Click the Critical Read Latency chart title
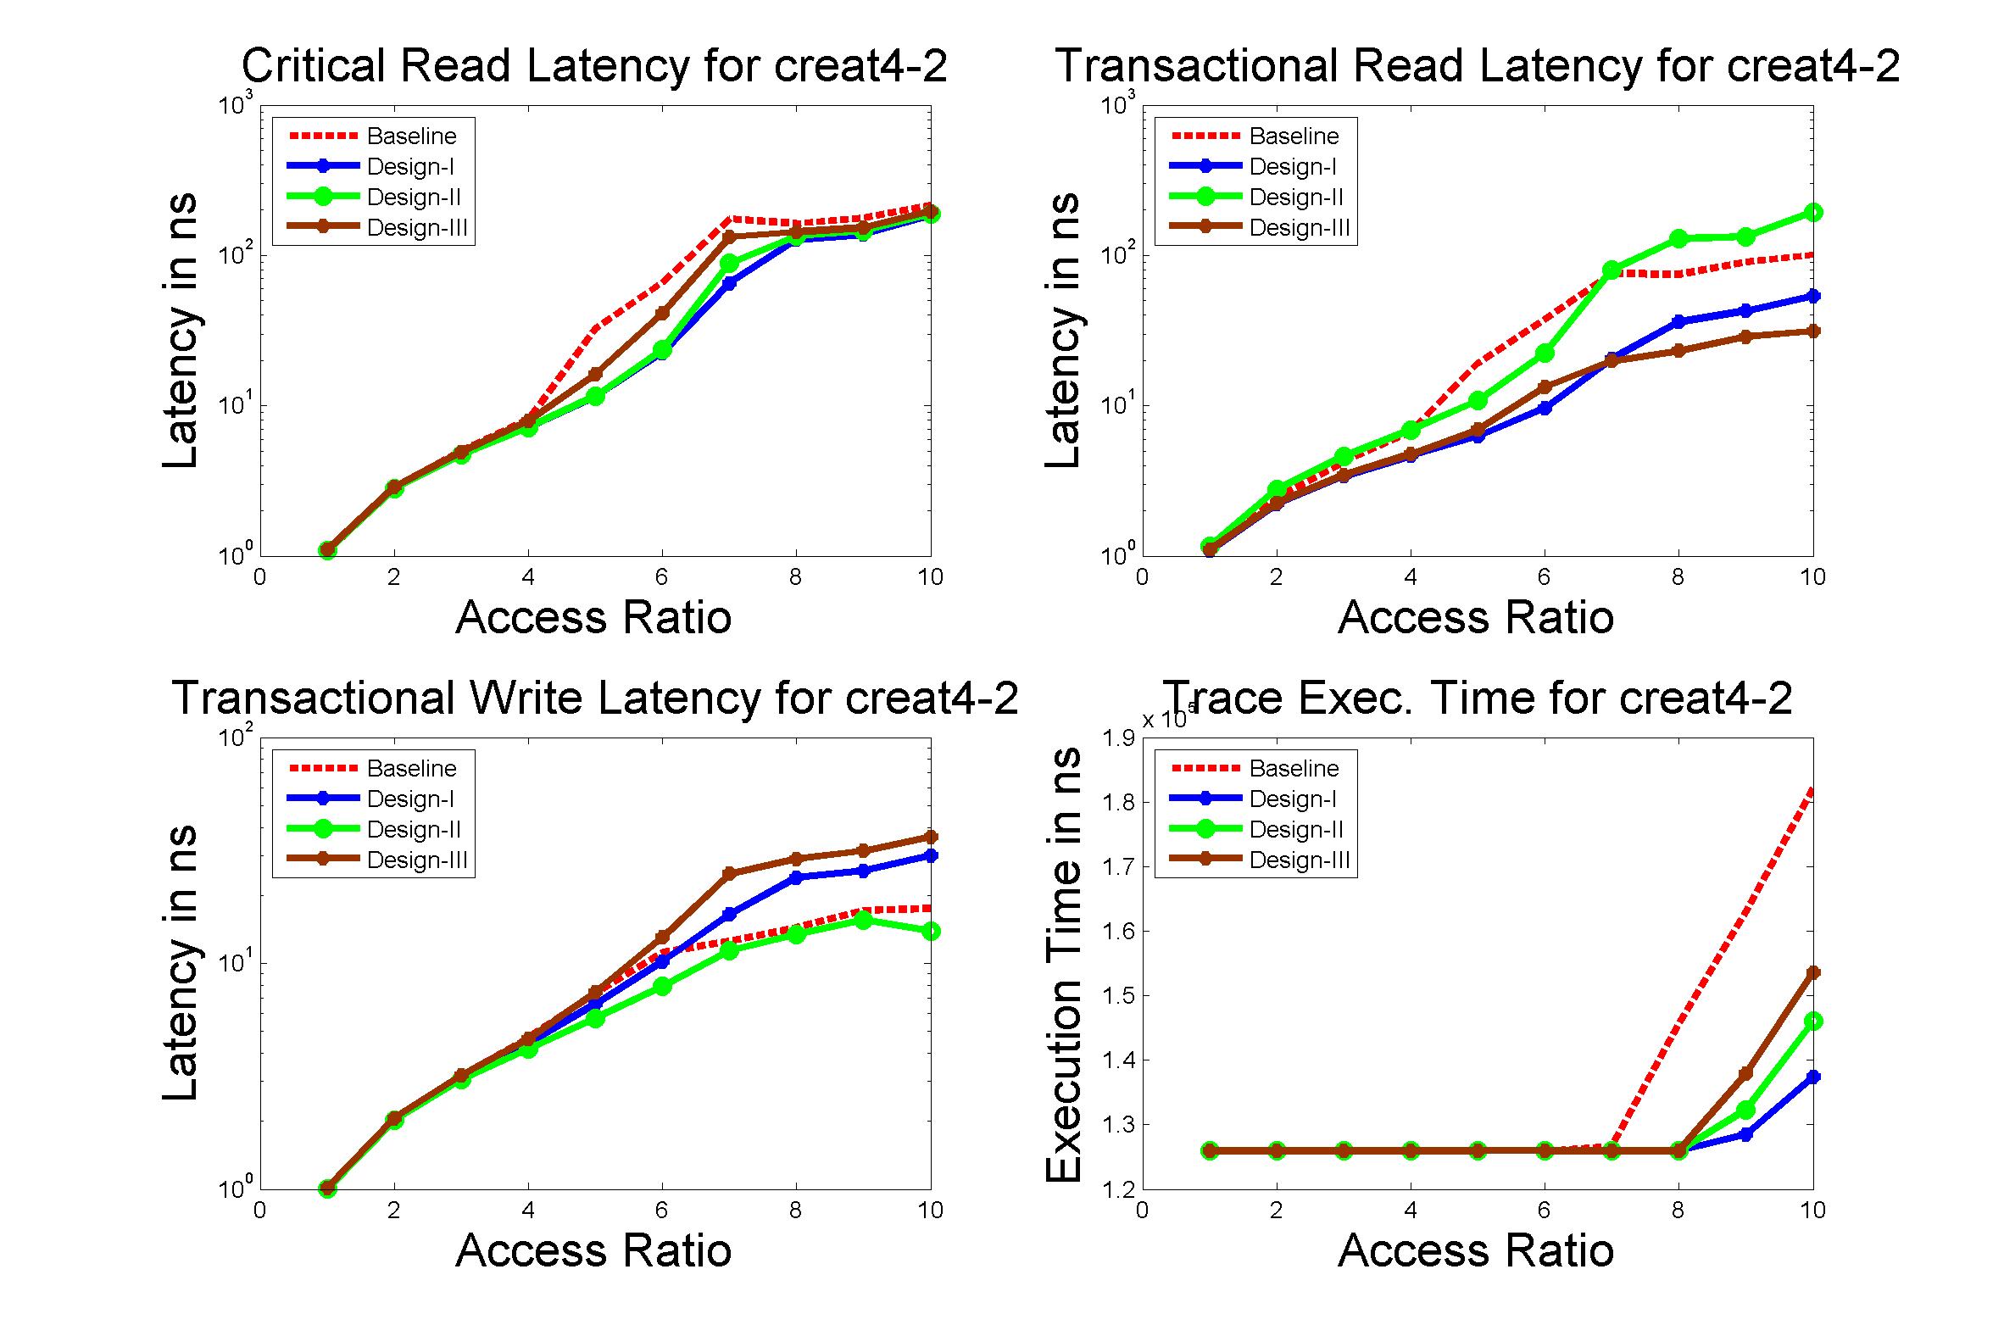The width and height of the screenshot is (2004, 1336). [594, 66]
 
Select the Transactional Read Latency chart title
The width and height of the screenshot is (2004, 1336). [1478, 66]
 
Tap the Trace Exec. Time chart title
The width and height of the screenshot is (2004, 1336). [1478, 698]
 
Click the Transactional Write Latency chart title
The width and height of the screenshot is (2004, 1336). [596, 698]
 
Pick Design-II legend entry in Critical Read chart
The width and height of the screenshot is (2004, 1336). [413, 198]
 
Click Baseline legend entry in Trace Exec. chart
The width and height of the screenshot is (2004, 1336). [1294, 769]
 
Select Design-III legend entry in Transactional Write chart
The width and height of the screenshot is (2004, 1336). [416, 860]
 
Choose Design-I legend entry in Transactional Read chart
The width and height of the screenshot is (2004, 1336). [1292, 167]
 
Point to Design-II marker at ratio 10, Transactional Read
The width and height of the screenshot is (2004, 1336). [1813, 212]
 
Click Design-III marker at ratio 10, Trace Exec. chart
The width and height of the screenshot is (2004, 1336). [1813, 972]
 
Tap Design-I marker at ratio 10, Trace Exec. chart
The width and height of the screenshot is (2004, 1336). [1813, 1077]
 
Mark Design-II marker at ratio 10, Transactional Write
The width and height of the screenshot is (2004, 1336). [931, 932]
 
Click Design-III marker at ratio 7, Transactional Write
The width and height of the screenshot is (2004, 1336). [729, 873]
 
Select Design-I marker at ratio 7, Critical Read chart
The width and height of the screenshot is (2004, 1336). [729, 283]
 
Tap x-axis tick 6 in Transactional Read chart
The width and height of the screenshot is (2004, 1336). [1544, 577]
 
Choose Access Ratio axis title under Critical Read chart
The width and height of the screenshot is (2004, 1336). [594, 618]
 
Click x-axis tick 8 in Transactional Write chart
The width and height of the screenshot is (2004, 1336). [796, 1210]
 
